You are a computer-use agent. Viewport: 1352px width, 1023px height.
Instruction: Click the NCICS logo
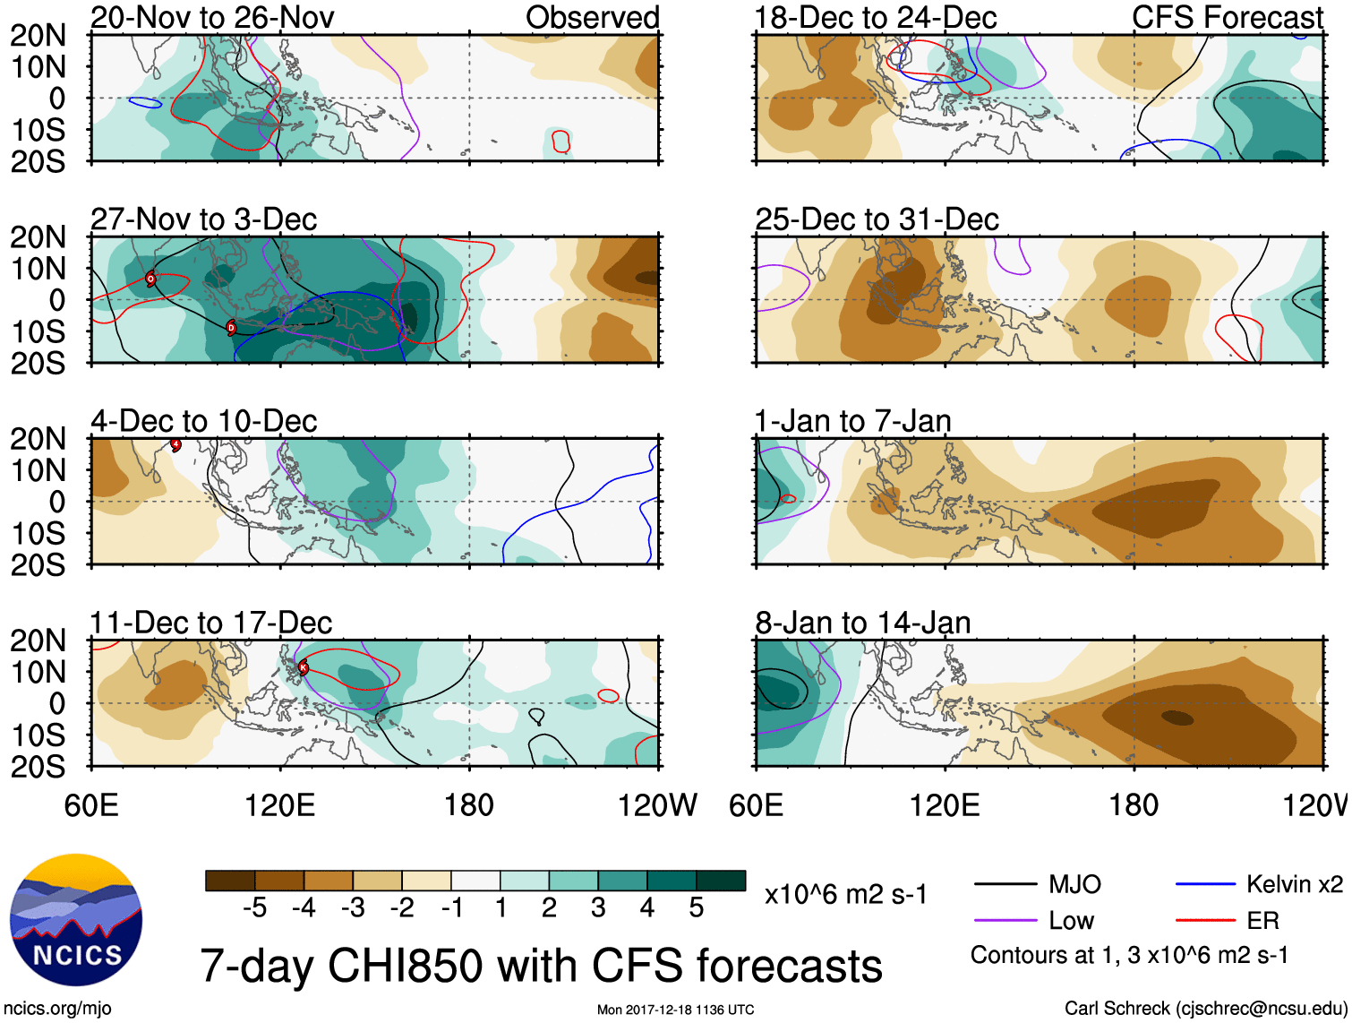(x=76, y=920)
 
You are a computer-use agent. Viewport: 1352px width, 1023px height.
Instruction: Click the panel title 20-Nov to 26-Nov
(x=212, y=17)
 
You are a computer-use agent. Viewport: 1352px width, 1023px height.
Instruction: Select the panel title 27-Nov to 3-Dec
(x=203, y=219)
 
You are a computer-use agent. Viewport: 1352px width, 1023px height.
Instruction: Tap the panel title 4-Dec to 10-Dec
(x=203, y=421)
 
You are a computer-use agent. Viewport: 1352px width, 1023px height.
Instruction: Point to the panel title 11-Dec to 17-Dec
(x=210, y=623)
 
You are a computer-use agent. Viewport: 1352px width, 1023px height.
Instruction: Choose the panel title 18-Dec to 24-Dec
(x=876, y=17)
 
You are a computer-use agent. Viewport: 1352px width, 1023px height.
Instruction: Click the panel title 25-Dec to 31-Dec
(x=877, y=219)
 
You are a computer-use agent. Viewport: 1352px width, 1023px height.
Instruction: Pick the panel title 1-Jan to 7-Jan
(x=852, y=421)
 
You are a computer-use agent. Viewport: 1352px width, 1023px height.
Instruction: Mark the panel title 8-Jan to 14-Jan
(x=862, y=623)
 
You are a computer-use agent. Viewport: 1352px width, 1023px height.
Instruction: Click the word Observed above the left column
(x=592, y=17)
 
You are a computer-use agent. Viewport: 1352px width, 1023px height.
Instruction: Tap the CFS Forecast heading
(x=1227, y=17)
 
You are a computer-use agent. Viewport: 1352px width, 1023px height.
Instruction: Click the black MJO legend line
(x=1005, y=885)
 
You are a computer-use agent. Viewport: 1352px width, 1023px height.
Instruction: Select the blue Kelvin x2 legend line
(x=1205, y=885)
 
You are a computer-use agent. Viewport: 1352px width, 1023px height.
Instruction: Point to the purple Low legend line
(x=1005, y=920)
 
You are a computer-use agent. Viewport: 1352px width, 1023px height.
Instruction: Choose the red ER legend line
(x=1205, y=920)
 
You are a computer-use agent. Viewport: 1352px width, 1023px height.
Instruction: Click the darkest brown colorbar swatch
(x=230, y=881)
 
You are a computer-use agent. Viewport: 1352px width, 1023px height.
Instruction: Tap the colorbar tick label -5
(x=254, y=908)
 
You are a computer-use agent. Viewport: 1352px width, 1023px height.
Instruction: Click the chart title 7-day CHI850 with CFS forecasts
(x=541, y=966)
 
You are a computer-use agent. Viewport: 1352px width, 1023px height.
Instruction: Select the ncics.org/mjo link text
(x=56, y=1009)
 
